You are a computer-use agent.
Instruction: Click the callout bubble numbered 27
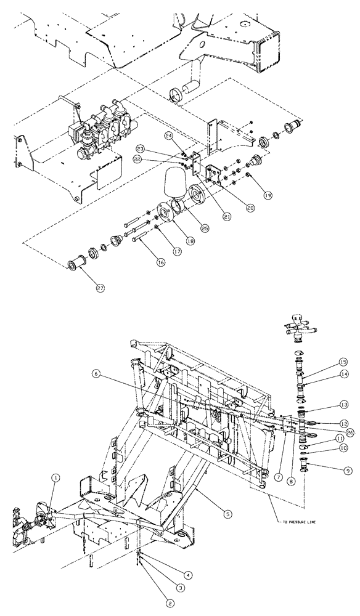coord(98,287)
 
